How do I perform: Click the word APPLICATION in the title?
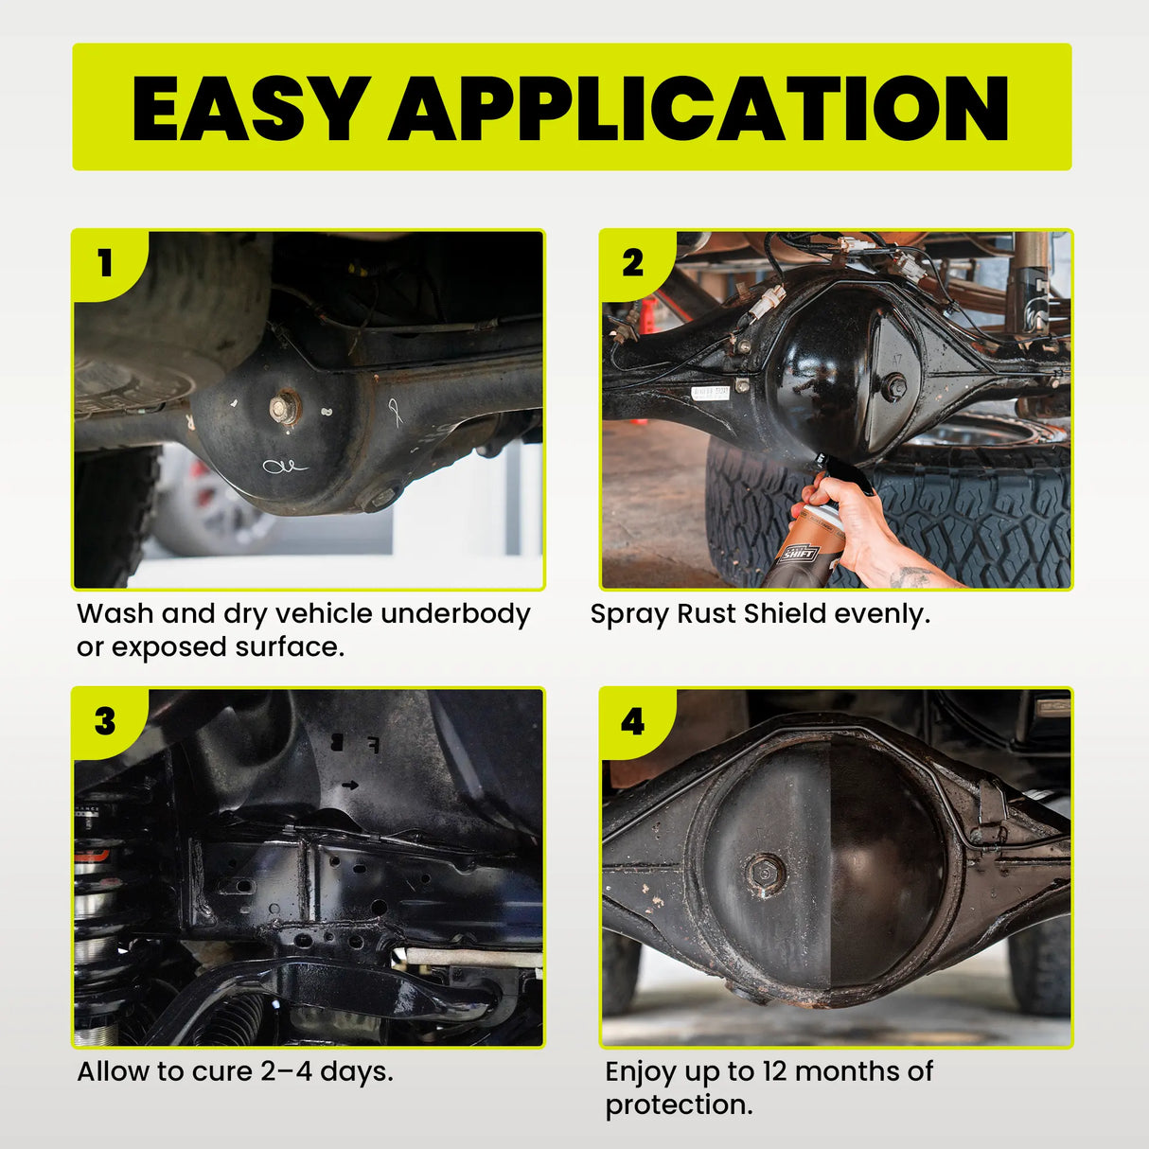(698, 108)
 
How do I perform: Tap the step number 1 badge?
(105, 262)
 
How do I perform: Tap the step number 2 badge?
(632, 262)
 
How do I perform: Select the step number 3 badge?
(105, 721)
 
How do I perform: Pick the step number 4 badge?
(632, 722)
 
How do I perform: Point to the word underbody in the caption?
(455, 614)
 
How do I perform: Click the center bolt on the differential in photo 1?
(283, 408)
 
